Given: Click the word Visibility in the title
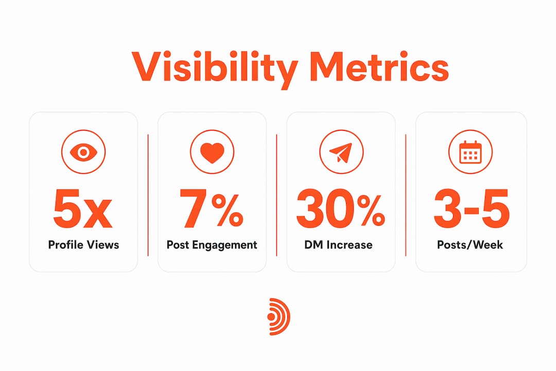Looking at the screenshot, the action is [x=215, y=69].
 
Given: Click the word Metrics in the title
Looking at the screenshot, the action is [x=379, y=67].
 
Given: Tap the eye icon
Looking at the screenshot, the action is [x=83, y=152].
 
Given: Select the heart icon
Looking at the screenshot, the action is [x=212, y=152].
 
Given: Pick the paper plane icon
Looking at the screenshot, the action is [x=341, y=152].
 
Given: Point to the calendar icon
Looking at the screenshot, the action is [x=470, y=152].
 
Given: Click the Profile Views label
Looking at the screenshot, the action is [x=84, y=245].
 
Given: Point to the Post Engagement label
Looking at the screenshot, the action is [x=212, y=245].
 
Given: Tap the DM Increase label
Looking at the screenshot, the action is [x=338, y=245].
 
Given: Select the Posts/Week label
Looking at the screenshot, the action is [x=470, y=245].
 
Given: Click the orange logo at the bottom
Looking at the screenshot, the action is [x=279, y=317].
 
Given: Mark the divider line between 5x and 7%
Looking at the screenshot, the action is [x=148, y=195].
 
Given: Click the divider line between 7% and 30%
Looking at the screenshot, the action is [x=276, y=195].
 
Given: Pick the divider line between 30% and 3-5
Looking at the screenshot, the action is [x=406, y=195].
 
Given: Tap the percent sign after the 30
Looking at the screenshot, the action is [x=371, y=211].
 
